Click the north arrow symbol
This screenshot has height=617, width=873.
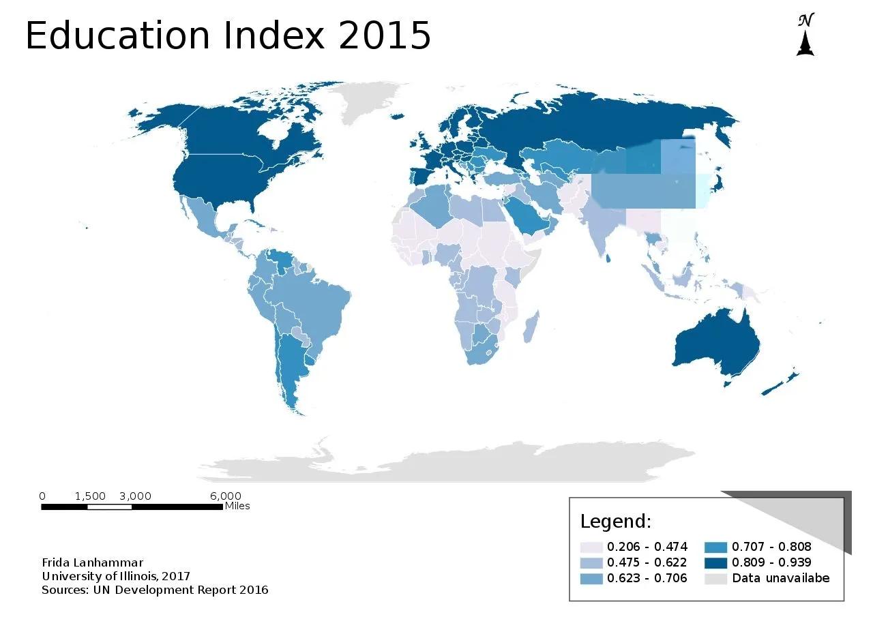click(x=805, y=35)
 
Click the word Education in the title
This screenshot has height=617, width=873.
click(x=117, y=35)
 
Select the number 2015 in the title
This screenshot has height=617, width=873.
click(x=385, y=35)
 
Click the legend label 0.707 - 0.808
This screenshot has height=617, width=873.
click(x=771, y=547)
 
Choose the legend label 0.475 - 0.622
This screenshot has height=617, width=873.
click(x=647, y=562)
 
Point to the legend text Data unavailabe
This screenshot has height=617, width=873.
click(x=780, y=578)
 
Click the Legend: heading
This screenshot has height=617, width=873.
click(x=616, y=522)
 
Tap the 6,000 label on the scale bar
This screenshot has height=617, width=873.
click(x=226, y=496)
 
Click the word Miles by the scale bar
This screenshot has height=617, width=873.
click(x=237, y=506)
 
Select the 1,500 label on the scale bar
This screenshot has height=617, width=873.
click(x=90, y=496)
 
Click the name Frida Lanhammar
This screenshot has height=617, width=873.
click(x=93, y=562)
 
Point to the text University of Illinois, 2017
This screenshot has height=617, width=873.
click(x=116, y=576)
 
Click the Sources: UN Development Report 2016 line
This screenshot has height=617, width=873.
click(x=155, y=590)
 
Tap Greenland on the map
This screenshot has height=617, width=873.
click(x=372, y=102)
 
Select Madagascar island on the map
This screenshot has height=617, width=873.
click(x=531, y=327)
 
